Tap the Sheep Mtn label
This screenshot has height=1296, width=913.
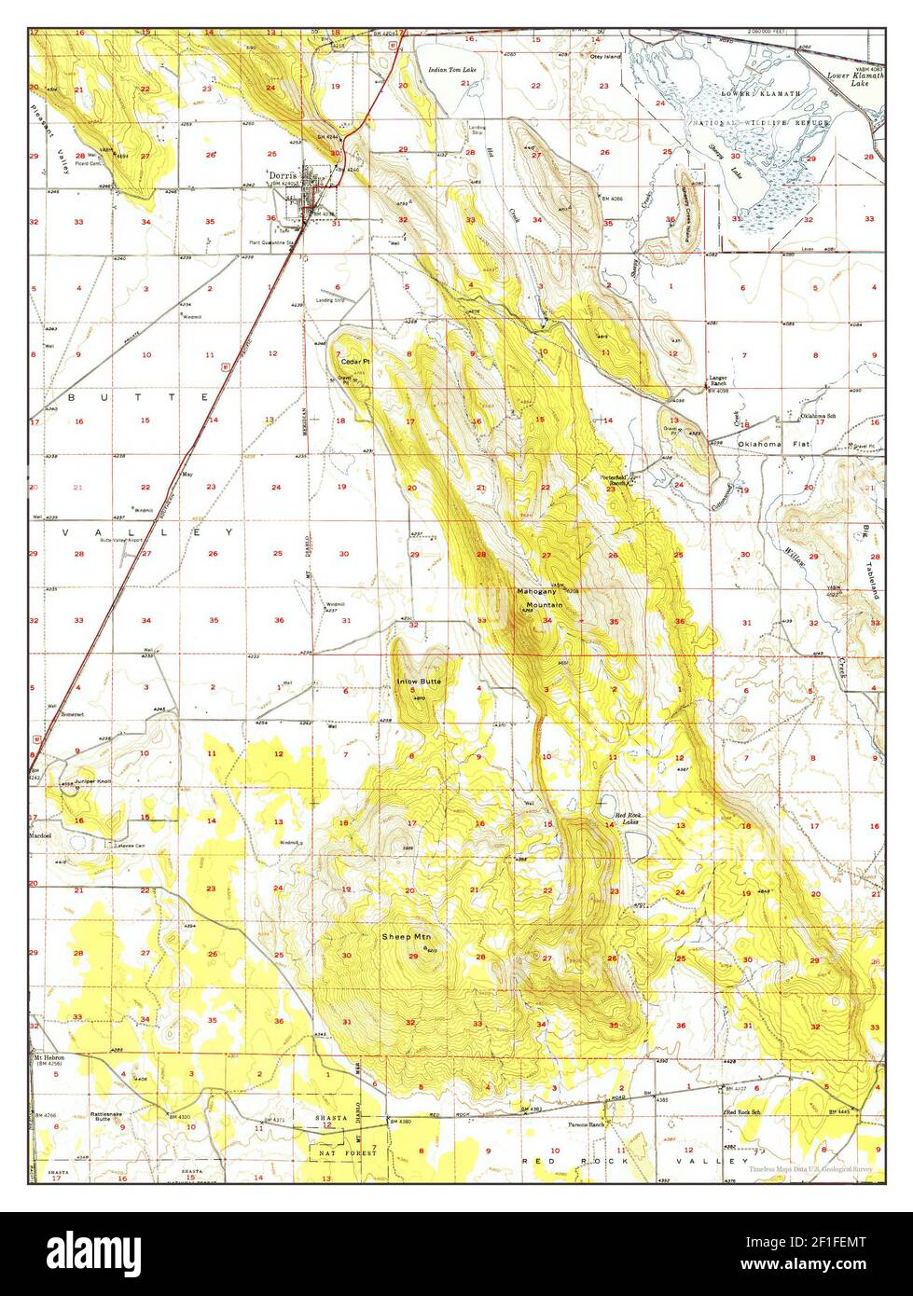tap(406, 936)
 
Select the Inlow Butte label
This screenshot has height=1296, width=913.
tap(419, 682)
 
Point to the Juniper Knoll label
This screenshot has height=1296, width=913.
tap(78, 782)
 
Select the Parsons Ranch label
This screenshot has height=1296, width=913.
tap(587, 1124)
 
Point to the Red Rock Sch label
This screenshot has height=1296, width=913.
tap(744, 1113)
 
